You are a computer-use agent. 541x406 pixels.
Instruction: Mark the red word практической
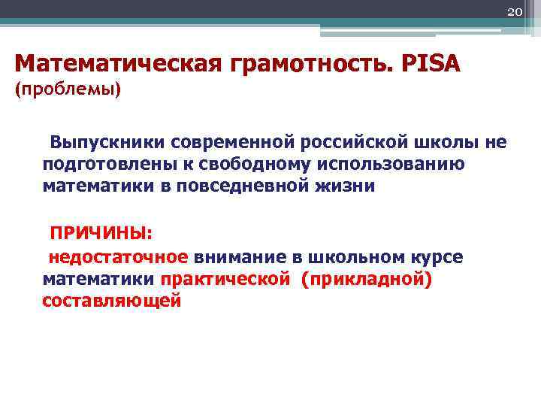click(x=225, y=279)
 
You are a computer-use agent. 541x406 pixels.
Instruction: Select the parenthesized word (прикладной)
click(x=366, y=279)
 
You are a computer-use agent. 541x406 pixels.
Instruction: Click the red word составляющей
click(x=112, y=300)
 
